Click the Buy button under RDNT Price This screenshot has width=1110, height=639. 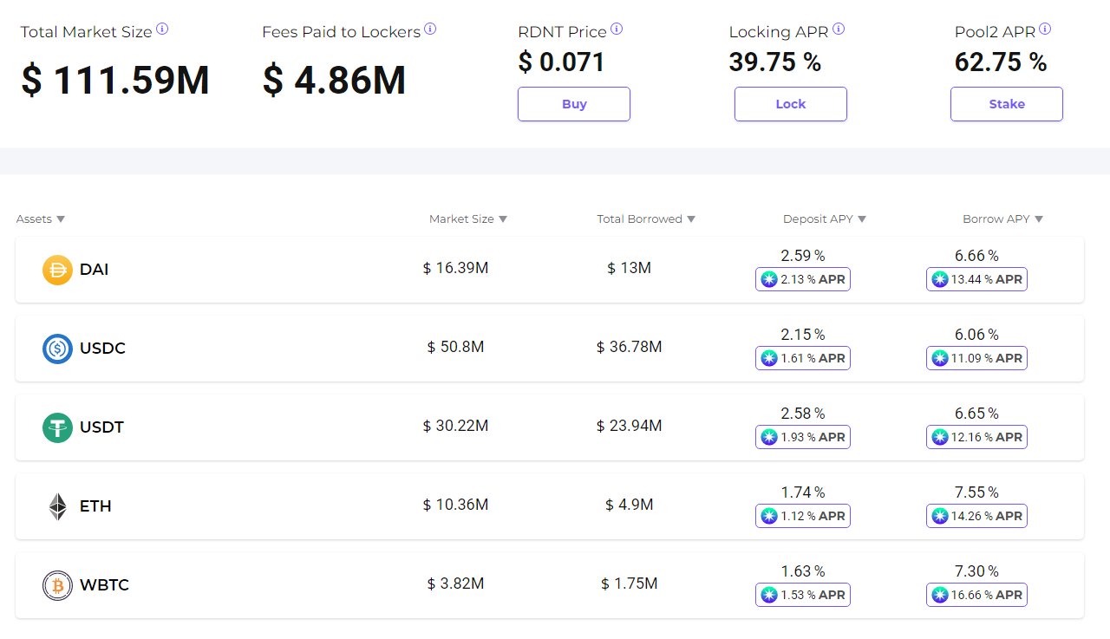click(573, 104)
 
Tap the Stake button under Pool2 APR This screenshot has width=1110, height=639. click(1006, 104)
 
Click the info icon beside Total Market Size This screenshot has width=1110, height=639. click(162, 29)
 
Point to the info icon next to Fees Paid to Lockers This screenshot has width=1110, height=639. click(430, 29)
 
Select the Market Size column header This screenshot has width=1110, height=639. click(461, 219)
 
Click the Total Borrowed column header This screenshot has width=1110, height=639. click(639, 219)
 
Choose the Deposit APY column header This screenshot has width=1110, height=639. click(818, 219)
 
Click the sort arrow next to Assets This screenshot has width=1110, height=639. click(61, 219)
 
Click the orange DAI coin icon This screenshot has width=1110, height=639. click(57, 270)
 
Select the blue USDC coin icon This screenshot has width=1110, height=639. click(57, 349)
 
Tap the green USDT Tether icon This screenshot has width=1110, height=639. click(57, 427)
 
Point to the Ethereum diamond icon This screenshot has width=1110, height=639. click(57, 506)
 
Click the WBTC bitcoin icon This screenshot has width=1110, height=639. click(57, 585)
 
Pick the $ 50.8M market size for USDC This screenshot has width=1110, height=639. click(455, 348)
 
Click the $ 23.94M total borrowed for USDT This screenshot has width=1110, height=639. click(629, 427)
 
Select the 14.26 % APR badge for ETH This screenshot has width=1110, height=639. click(976, 516)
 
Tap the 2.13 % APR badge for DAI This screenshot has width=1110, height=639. click(803, 279)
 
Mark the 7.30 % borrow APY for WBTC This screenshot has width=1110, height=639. click(976, 571)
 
